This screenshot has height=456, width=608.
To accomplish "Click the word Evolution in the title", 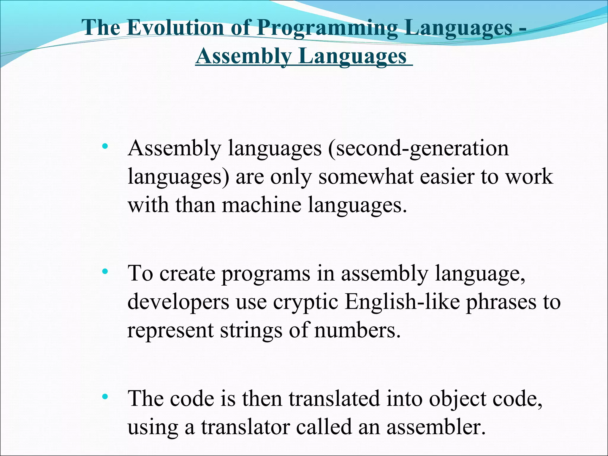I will (175, 28).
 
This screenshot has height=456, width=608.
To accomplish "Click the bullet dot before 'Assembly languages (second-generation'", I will (104, 146).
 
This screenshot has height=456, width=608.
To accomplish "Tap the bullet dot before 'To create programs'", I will (104, 271).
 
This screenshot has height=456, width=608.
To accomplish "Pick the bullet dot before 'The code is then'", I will (104, 397).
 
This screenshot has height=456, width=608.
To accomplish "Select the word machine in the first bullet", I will (261, 205).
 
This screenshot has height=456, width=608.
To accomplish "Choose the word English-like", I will (402, 302).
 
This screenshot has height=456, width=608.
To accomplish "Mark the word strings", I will (251, 330).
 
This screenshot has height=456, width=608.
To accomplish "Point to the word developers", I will (178, 302).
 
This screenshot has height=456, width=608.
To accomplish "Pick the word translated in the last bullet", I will (334, 399).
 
